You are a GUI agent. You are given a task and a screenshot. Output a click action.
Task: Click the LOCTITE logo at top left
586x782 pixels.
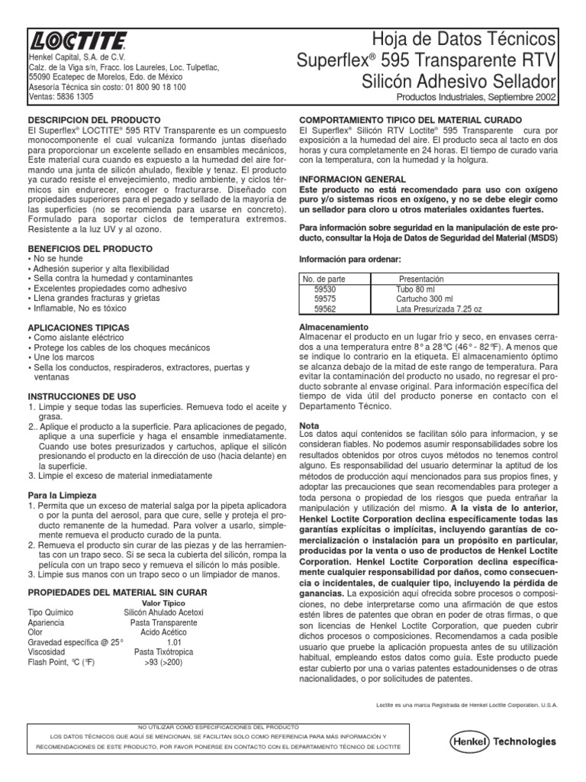(x=77, y=42)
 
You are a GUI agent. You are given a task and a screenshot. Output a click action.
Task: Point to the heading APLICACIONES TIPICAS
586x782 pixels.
(x=79, y=327)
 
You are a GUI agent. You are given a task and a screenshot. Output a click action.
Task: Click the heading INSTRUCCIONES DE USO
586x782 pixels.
(x=82, y=397)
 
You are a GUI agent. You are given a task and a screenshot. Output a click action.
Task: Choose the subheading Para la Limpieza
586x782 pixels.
(x=61, y=496)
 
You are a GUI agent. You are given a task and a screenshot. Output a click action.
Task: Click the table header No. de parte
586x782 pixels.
(x=325, y=280)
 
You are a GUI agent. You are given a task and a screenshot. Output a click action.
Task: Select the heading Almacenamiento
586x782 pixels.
(x=333, y=326)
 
